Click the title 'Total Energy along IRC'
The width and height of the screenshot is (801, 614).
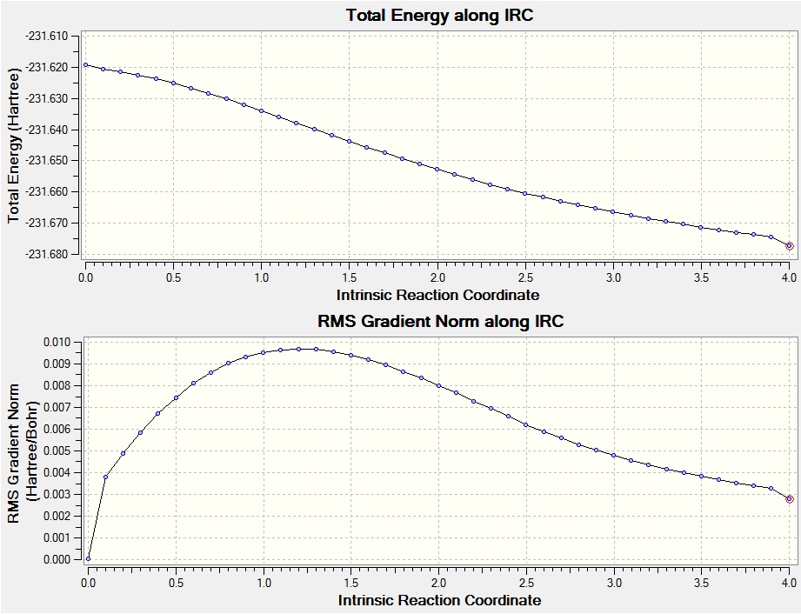click(x=439, y=16)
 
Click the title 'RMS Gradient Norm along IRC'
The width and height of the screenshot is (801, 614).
click(x=441, y=322)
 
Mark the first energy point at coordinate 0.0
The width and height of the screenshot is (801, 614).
click(x=85, y=64)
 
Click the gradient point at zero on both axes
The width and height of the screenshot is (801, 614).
click(x=88, y=559)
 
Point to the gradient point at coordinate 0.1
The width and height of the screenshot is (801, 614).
click(x=105, y=477)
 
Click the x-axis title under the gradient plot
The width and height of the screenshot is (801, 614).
click(x=439, y=600)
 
